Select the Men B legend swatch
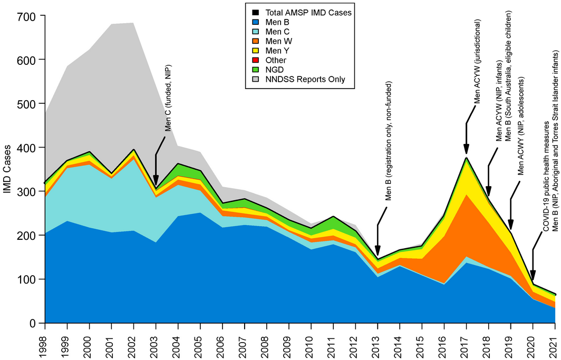(x=256, y=22)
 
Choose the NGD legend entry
(x=276, y=70)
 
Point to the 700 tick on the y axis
(x=26, y=16)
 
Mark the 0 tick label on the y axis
(x=33, y=323)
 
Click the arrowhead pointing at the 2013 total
(x=378, y=252)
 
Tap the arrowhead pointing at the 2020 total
(x=533, y=277)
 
